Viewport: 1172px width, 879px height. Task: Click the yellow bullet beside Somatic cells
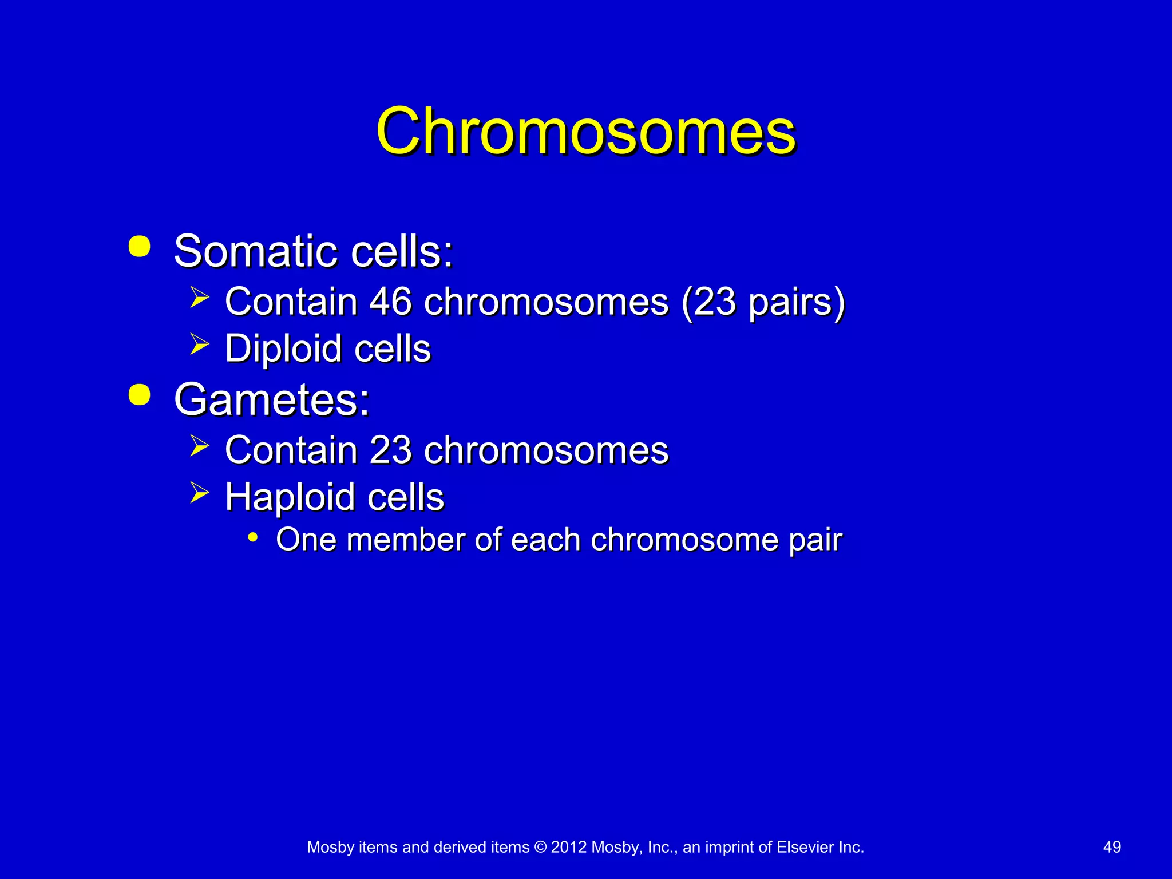[140, 247]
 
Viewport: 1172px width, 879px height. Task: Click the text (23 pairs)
[763, 302]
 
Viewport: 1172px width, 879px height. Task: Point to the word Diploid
[283, 349]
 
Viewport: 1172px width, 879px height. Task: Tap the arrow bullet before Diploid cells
[199, 345]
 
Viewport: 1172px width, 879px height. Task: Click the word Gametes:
[272, 399]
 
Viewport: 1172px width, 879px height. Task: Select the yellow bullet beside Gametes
[140, 395]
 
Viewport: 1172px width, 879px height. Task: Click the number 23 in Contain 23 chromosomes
[390, 450]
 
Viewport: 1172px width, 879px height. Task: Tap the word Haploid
[290, 497]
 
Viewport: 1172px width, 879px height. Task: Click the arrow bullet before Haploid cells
[199, 492]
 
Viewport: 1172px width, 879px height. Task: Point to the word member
[406, 540]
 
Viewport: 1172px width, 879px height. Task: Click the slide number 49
[1112, 847]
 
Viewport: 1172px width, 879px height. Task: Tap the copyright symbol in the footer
[540, 847]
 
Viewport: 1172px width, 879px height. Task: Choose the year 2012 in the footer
[568, 847]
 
